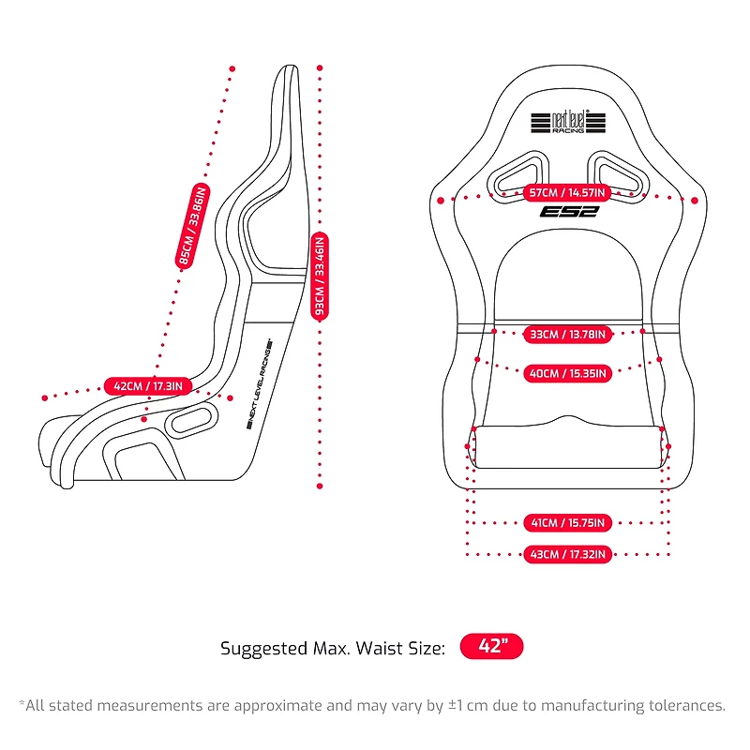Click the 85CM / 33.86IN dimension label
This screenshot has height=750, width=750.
[193, 225]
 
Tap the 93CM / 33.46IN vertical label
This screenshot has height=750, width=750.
[320, 277]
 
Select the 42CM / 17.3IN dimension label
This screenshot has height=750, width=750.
[147, 385]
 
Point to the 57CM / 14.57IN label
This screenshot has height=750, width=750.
[567, 193]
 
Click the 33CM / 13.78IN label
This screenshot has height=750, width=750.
[567, 334]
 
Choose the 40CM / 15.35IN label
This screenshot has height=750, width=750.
[567, 373]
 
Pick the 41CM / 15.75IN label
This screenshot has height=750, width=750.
[567, 522]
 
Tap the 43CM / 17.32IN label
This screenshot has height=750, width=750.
[567, 555]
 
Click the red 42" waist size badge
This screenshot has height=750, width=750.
[491, 648]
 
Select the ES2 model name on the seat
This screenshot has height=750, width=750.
[568, 213]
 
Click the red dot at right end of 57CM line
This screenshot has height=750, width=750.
[695, 200]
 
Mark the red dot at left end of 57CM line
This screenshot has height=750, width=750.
[441, 199]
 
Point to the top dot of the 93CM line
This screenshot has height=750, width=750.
[320, 67]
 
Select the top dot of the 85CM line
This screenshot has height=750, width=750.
[232, 67]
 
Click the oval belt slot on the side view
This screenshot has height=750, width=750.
[192, 420]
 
